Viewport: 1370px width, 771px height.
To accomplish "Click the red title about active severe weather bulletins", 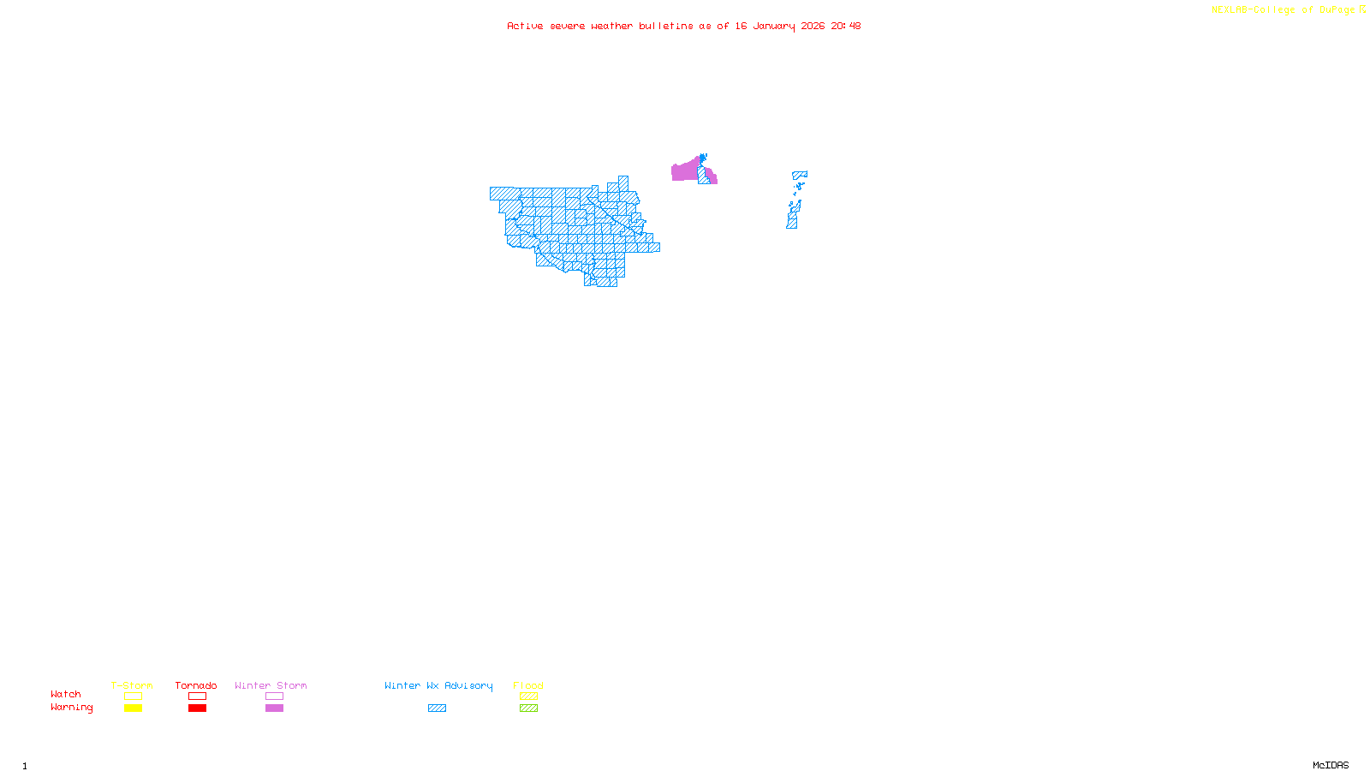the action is [683, 26].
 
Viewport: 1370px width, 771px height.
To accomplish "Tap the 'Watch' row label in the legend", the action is [66, 695].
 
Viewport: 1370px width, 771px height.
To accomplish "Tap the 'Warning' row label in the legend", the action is [71, 708].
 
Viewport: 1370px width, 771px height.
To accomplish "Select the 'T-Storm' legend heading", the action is [132, 685].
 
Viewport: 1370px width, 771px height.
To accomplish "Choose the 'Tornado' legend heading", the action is [196, 685].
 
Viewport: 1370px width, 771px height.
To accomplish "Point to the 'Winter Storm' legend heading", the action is [271, 685].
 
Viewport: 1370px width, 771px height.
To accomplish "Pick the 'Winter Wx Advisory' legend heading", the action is [438, 685].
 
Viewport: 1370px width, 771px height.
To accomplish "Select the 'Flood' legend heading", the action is [528, 685].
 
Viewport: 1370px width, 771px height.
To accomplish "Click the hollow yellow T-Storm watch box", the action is [133, 696].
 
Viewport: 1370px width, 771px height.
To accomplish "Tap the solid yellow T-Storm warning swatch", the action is [133, 708].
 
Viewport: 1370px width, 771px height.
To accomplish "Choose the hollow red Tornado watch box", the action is [197, 696].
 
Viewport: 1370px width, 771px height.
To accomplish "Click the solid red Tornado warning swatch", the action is [197, 708].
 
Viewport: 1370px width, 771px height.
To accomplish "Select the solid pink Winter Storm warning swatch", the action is [274, 708].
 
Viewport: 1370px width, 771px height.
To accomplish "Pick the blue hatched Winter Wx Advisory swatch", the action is [437, 708].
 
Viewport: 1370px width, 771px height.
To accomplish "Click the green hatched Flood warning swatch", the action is [528, 708].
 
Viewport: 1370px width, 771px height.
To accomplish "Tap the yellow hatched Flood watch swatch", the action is [528, 696].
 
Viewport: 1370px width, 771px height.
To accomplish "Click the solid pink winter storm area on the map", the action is [684, 171].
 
